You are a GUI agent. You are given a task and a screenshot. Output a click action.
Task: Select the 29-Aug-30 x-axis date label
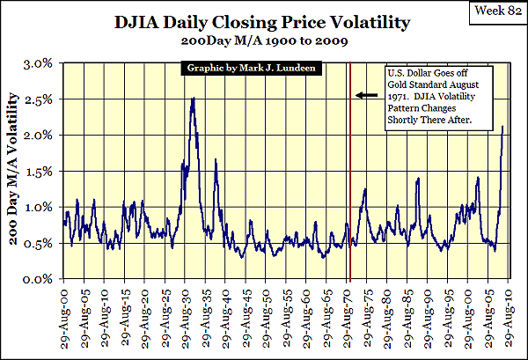click(x=187, y=313)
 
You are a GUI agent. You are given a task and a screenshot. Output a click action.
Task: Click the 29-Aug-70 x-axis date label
click(x=348, y=313)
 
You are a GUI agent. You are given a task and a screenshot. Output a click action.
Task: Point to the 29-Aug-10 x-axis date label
click(x=510, y=313)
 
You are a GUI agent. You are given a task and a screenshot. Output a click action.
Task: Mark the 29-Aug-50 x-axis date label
click(x=268, y=313)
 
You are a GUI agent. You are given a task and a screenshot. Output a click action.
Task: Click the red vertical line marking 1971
click(x=351, y=176)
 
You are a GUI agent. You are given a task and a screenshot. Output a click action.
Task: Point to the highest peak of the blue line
click(x=193, y=98)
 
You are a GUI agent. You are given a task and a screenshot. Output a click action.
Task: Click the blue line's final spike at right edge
click(x=502, y=129)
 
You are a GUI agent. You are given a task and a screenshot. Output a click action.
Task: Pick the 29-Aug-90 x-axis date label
click(x=429, y=313)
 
